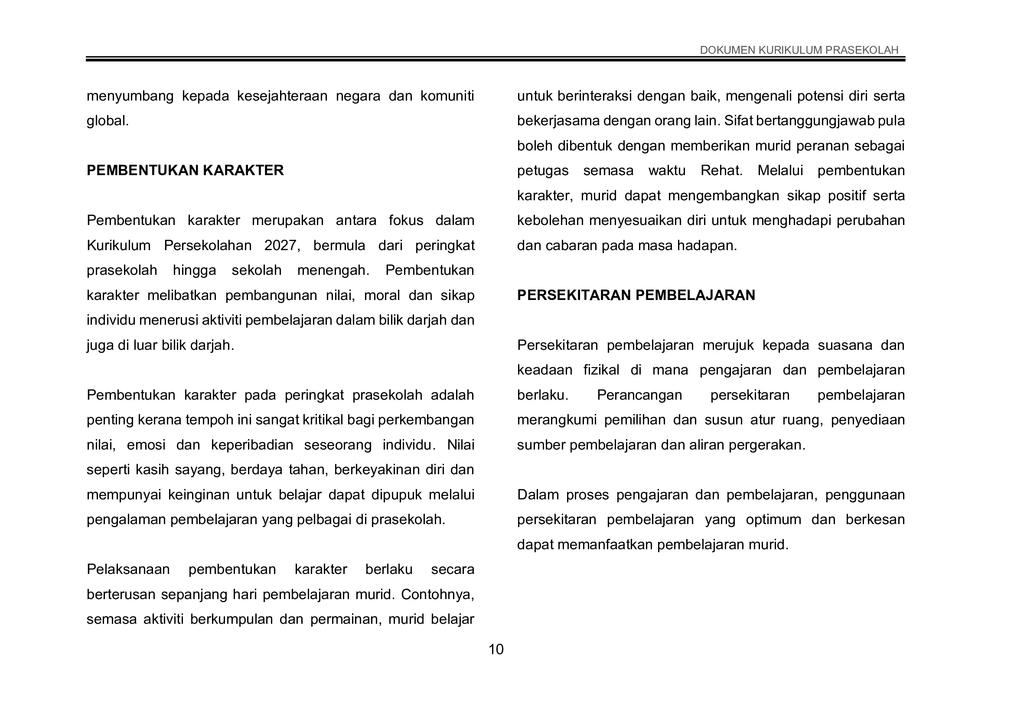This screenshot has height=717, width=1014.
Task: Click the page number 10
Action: tap(496, 649)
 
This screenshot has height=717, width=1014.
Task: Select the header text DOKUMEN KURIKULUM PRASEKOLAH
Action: tap(799, 50)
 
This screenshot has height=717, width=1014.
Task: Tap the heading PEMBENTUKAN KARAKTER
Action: tap(185, 170)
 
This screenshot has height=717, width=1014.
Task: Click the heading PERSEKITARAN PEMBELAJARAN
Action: tap(636, 295)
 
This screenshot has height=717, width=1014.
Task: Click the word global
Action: tap(108, 121)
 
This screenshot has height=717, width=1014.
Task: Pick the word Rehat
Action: tap(721, 170)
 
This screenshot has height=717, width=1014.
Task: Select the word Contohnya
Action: tap(437, 594)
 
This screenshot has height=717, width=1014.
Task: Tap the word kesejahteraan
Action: tap(282, 96)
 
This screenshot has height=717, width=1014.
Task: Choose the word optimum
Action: tap(773, 519)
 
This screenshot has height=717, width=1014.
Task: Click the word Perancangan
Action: tap(639, 395)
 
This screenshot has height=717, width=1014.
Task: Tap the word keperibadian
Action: tap(252, 445)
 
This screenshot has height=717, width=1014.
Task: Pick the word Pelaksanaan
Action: tap(128, 569)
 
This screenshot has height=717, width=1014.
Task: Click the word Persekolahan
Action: tap(208, 245)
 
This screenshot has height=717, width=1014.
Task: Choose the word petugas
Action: tap(543, 170)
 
